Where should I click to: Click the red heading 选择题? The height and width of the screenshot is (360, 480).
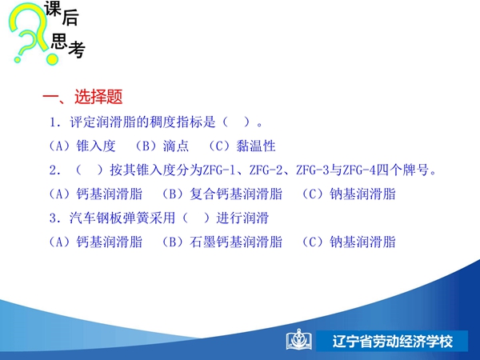point(98,97)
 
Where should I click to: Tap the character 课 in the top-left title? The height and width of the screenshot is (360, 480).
point(53,8)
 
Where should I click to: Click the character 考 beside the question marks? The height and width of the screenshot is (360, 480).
point(77,50)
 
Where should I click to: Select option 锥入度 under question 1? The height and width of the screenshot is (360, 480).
point(96,146)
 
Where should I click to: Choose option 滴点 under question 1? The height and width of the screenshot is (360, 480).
point(176,146)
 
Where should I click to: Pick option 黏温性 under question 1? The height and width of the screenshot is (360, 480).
point(256,146)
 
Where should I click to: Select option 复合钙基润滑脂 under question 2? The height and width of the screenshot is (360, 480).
point(236,194)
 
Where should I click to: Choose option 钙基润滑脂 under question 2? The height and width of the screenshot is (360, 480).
point(110,194)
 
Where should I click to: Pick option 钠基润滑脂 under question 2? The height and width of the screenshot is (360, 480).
point(362,194)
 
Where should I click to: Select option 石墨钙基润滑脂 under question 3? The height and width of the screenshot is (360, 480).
point(236,242)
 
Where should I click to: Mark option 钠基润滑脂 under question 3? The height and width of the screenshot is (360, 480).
point(362,242)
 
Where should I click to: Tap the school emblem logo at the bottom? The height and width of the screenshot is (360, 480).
point(299,339)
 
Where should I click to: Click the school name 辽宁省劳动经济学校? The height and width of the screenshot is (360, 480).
point(393,342)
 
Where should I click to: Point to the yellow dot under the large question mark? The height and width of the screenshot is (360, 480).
point(52,58)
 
